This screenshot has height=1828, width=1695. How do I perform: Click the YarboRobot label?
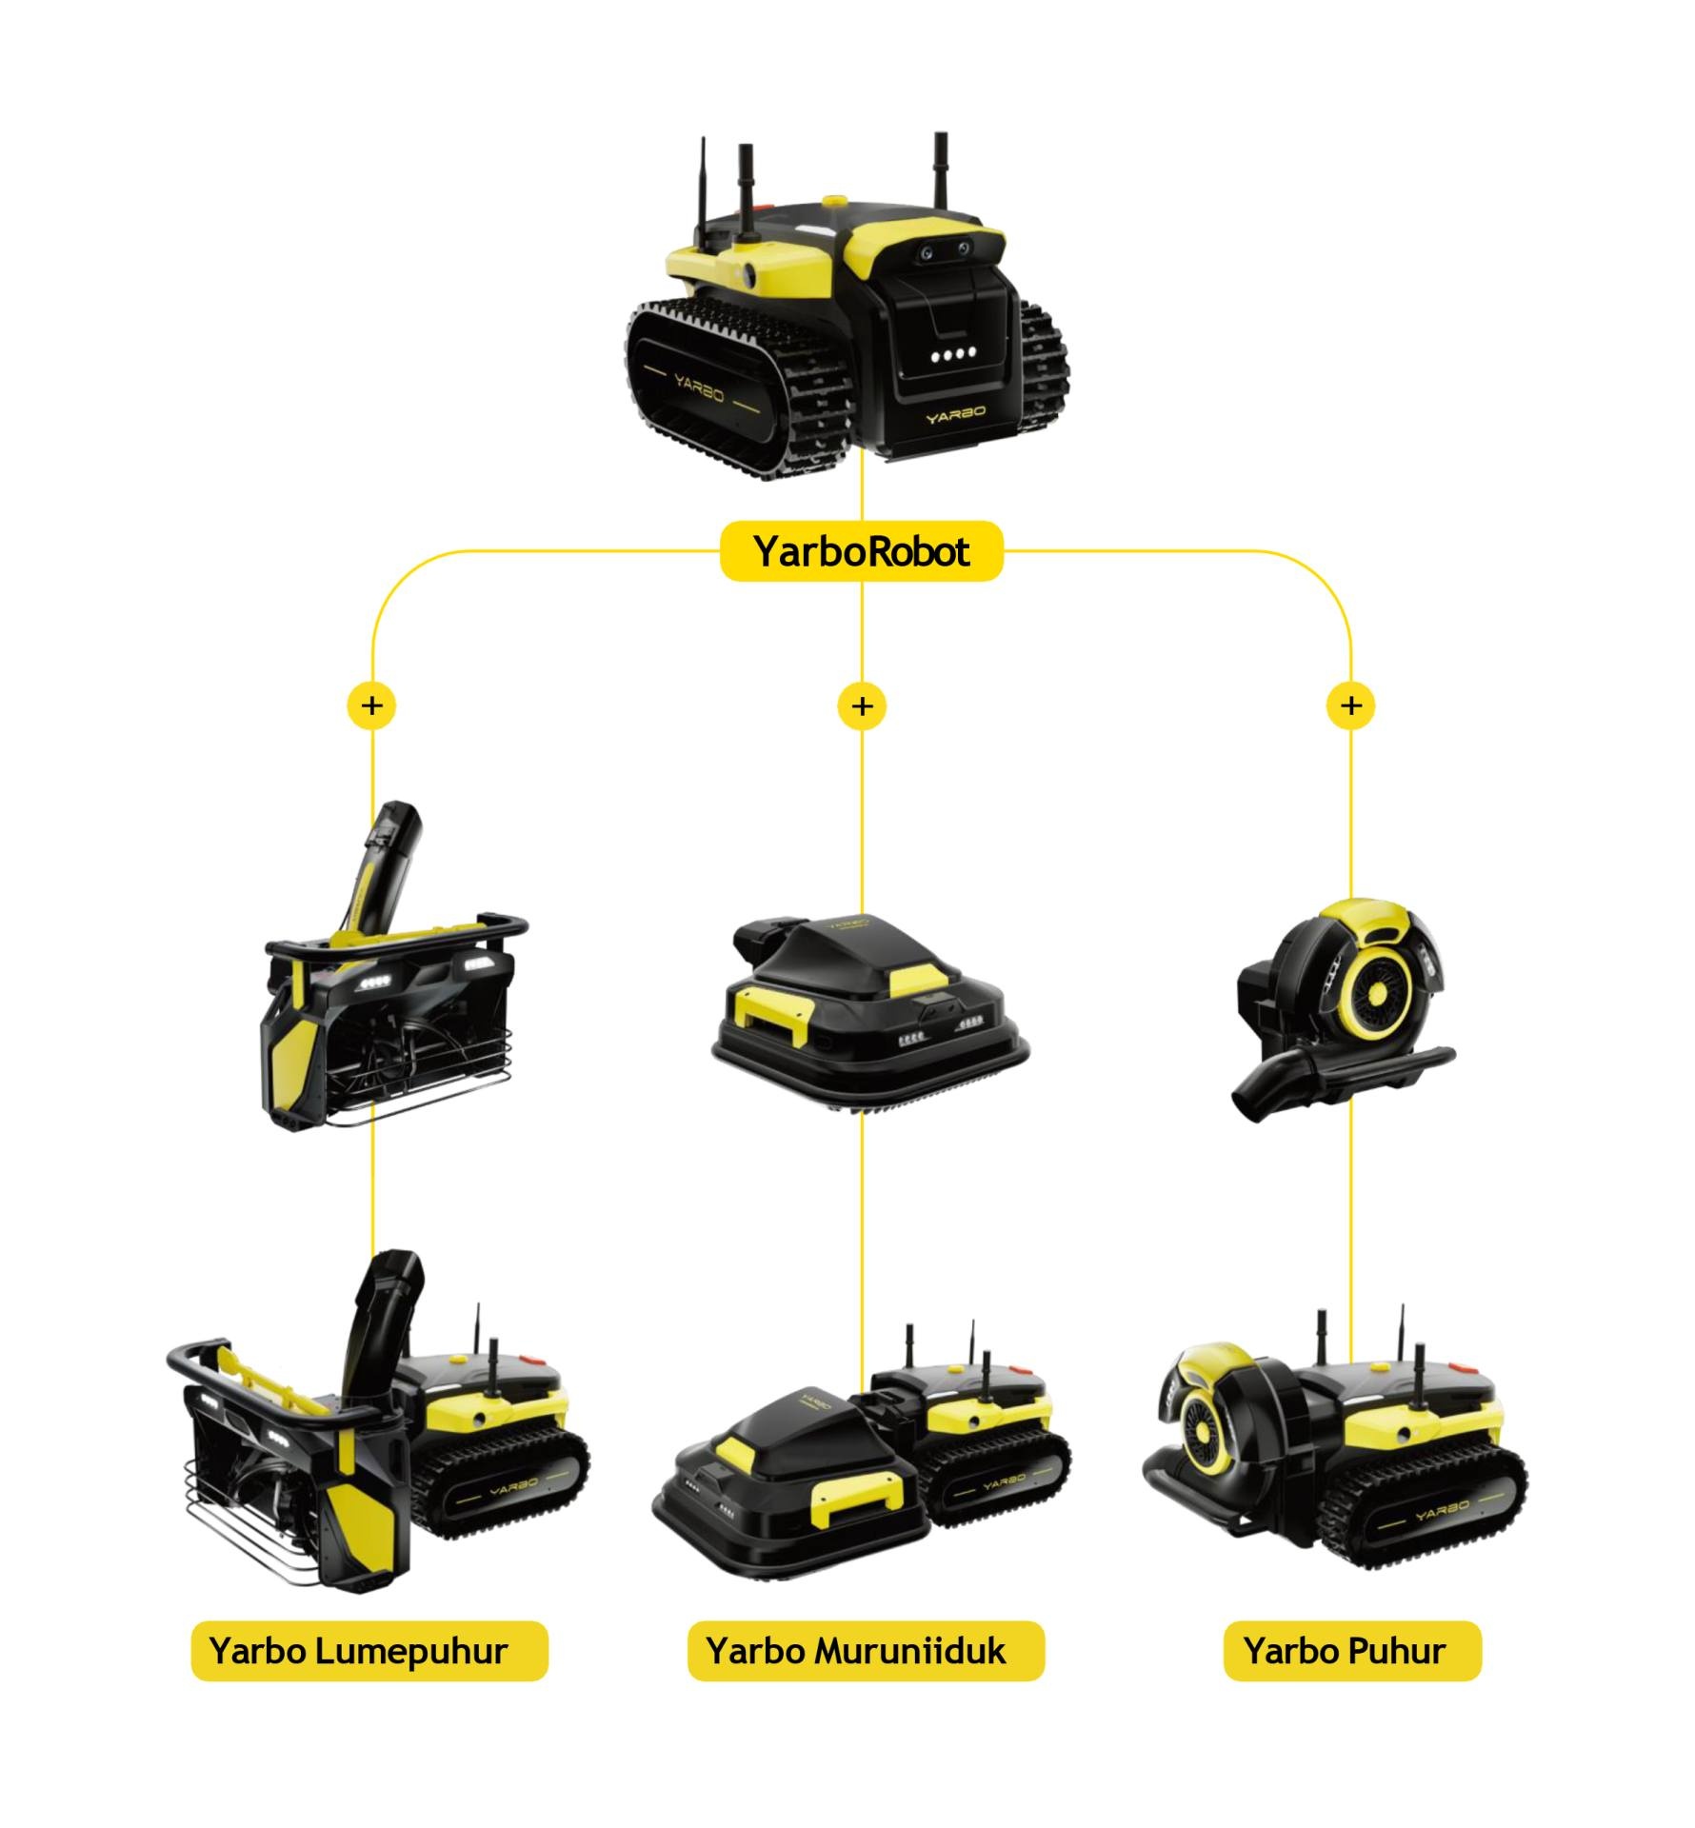[x=861, y=551]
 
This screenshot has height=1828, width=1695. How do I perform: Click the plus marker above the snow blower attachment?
[x=372, y=705]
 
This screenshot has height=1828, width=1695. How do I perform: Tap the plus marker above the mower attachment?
[x=862, y=705]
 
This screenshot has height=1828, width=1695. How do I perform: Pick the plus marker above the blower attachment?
[x=1350, y=705]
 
